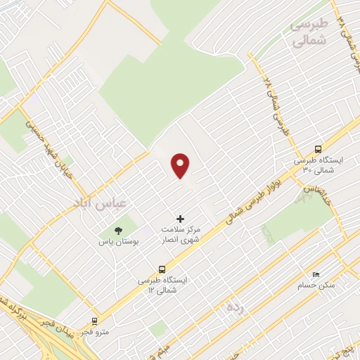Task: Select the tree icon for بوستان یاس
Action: [x=118, y=230]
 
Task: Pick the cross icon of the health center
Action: [x=180, y=219]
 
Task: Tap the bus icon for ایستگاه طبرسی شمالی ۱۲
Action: [x=162, y=269]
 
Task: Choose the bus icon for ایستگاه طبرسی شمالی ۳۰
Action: [x=319, y=148]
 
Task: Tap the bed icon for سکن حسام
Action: [x=316, y=274]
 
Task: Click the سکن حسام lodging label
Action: [x=326, y=285]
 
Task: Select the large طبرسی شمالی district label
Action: [x=308, y=32]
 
